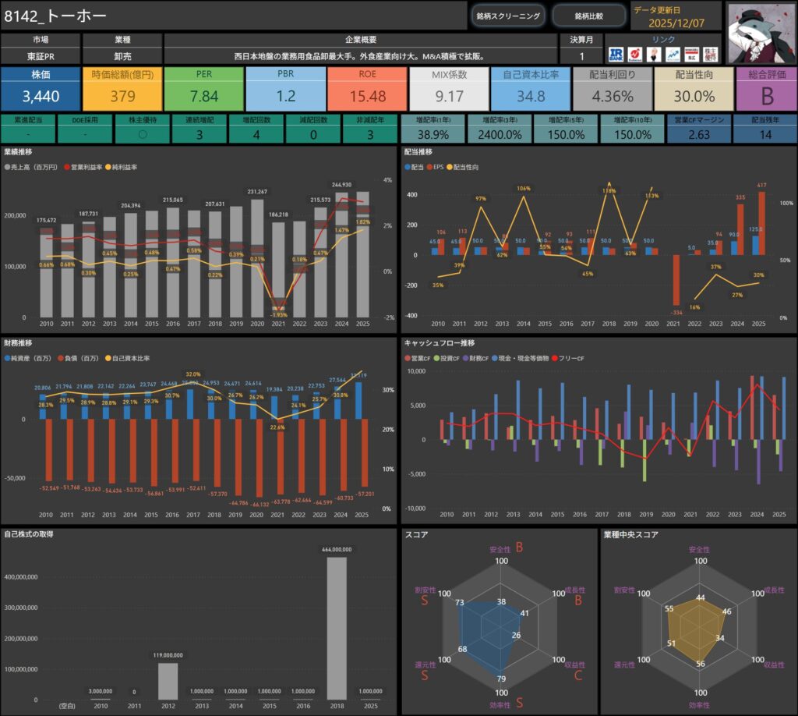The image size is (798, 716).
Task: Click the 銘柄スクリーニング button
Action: [507, 16]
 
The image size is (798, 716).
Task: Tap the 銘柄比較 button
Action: [588, 16]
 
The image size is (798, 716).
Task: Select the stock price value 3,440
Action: [40, 96]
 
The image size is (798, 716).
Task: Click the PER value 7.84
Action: [204, 96]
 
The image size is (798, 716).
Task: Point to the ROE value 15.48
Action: [367, 96]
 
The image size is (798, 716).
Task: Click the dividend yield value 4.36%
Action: [612, 96]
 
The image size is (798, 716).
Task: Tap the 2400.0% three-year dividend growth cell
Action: [499, 135]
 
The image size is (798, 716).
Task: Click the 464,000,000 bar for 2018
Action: [337, 628]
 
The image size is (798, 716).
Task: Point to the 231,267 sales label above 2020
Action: [258, 191]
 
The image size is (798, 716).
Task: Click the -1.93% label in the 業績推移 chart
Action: [278, 314]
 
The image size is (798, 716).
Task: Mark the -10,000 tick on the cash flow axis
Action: [416, 508]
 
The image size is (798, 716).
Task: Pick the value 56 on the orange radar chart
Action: [701, 664]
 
